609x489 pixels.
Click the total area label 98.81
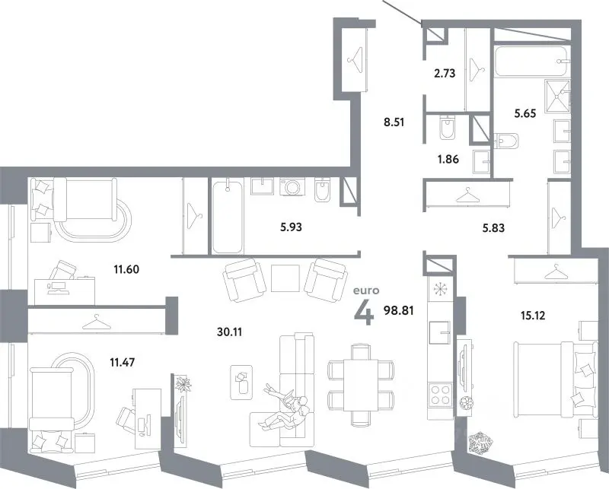398,310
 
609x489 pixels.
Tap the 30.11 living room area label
230,332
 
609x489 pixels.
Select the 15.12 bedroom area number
533,316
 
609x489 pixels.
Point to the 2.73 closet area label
445,73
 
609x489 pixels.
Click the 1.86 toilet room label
448,159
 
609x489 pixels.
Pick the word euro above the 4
366,291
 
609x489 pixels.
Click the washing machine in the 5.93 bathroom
292,186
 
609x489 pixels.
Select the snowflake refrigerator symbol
440,289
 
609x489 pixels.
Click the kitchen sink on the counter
439,332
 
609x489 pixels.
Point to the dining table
361,385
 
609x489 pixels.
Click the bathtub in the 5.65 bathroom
531,62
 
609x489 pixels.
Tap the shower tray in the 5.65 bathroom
557,97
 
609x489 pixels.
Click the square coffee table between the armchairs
285,278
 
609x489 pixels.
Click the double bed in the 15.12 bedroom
556,379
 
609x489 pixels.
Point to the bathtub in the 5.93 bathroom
228,215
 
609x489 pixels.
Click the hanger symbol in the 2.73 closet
477,68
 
